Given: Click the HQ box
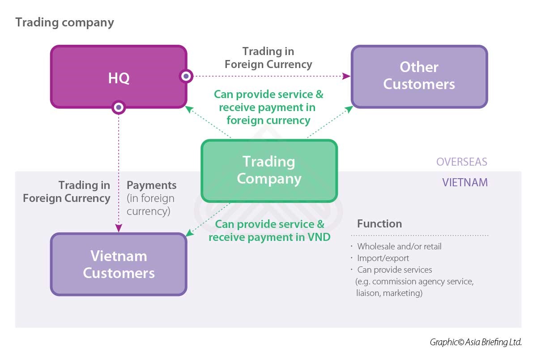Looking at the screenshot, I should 119,77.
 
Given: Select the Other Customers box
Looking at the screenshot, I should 419,76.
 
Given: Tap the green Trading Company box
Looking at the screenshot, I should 269,170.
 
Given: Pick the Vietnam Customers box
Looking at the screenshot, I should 119,264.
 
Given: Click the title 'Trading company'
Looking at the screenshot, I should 64,22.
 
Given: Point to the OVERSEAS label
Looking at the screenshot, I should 462,162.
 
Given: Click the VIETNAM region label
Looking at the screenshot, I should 465,183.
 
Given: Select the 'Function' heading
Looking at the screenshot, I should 379,223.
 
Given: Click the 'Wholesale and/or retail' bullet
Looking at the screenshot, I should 399,246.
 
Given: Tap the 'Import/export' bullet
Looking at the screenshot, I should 383,258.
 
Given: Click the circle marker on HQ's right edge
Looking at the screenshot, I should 186,76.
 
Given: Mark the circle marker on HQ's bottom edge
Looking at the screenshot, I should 119,107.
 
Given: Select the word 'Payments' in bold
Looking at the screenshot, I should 152,185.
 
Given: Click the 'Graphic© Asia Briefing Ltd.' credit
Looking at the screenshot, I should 476,342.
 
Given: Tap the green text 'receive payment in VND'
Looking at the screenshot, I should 269,237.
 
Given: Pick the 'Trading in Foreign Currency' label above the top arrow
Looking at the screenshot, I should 268,58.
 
